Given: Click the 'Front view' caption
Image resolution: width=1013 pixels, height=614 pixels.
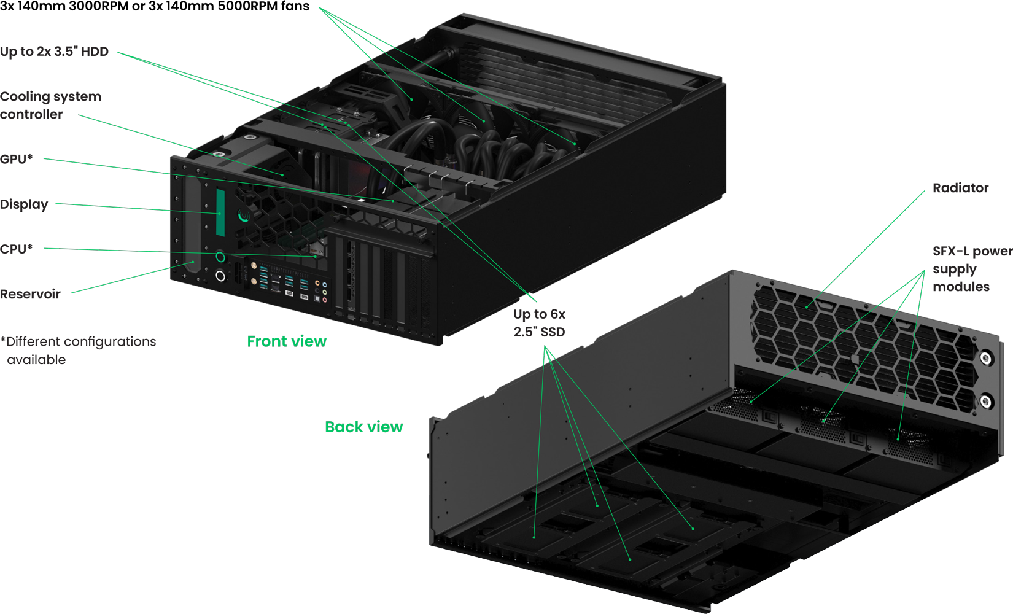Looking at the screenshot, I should pyautogui.click(x=287, y=341).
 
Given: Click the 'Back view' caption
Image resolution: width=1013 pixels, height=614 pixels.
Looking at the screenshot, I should pyautogui.click(x=363, y=427).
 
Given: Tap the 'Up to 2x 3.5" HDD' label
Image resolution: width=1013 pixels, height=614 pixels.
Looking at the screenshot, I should pyautogui.click(x=54, y=52).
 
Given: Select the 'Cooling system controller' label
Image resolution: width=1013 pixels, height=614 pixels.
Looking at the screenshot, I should pyautogui.click(x=50, y=105).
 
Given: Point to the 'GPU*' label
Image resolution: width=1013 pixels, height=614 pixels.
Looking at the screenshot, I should pyautogui.click(x=16, y=159).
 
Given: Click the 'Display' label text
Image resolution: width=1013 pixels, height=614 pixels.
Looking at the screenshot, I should pyautogui.click(x=24, y=204).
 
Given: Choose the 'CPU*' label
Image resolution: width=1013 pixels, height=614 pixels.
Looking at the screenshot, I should pyautogui.click(x=16, y=249).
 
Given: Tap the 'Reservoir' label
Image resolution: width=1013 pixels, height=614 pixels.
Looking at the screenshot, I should pyautogui.click(x=30, y=294).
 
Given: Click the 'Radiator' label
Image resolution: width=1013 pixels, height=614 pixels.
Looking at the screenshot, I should pyautogui.click(x=960, y=188).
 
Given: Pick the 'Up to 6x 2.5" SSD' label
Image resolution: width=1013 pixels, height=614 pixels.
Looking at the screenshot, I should pyautogui.click(x=539, y=322).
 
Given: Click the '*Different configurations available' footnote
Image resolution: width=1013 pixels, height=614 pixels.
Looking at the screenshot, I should pyautogui.click(x=78, y=349).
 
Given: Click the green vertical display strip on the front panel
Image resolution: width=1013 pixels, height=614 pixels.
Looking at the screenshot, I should pyautogui.click(x=220, y=212).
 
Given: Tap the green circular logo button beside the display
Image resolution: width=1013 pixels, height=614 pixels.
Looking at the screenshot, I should pyautogui.click(x=244, y=216).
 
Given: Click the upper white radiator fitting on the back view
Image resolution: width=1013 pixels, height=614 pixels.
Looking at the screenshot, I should pyautogui.click(x=986, y=358).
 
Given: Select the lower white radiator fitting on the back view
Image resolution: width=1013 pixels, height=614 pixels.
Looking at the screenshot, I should pyautogui.click(x=985, y=402).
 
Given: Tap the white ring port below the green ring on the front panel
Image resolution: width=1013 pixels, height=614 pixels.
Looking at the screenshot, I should pyautogui.click(x=220, y=277).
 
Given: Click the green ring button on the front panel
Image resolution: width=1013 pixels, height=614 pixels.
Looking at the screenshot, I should pyautogui.click(x=220, y=257).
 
